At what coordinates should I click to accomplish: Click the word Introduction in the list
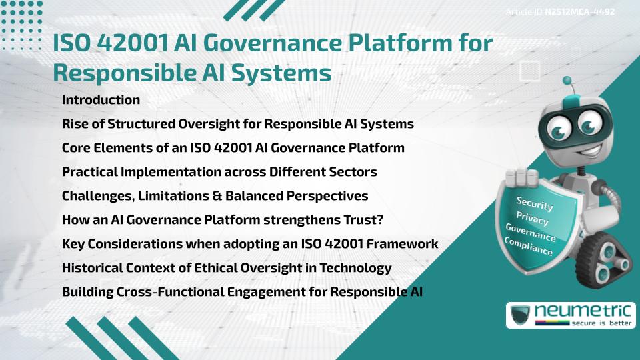click(x=101, y=100)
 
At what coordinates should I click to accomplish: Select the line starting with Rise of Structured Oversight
click(x=237, y=124)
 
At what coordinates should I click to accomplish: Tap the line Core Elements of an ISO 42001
click(x=233, y=148)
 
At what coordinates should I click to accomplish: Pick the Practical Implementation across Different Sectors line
click(x=219, y=172)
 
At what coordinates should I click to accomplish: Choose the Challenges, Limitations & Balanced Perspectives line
click(x=215, y=196)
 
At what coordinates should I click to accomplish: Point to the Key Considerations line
click(x=249, y=244)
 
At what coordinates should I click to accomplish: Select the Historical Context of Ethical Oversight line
click(x=226, y=268)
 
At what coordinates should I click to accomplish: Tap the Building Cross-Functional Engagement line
click(x=242, y=292)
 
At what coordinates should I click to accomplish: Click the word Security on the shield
click(x=535, y=204)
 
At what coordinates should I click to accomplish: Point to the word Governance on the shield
click(x=531, y=233)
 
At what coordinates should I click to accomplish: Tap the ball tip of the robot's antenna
click(x=568, y=81)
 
